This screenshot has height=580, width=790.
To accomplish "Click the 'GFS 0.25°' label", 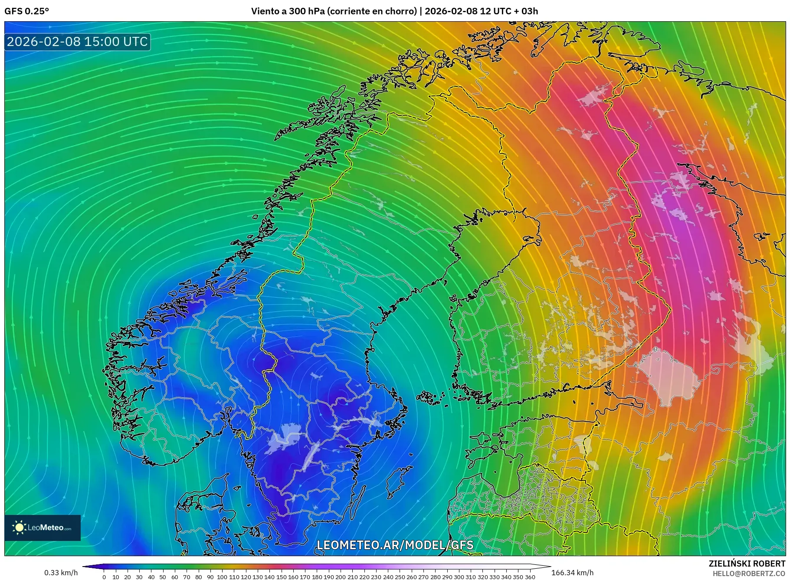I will pos(26,11).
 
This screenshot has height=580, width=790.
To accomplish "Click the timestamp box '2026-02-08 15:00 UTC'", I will pos(77,42).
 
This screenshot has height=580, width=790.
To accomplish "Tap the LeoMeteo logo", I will pos(43,528).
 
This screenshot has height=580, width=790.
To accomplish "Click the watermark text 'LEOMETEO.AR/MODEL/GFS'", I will pos(395,545).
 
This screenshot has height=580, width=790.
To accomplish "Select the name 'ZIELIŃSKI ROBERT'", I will pos(747,564).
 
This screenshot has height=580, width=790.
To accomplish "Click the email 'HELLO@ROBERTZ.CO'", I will pos(748,573).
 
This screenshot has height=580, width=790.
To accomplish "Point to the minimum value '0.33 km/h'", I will pos(61,573).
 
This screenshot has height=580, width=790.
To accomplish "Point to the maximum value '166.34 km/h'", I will pos(572,573).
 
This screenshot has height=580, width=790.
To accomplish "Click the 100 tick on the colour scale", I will pos(222,577).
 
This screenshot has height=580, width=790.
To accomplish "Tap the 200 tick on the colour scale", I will pos(341,577).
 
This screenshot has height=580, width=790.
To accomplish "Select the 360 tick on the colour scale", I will pos(530,577).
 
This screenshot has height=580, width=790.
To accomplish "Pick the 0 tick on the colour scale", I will pos(104,577).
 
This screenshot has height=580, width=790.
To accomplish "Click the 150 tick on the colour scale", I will pos(281,577).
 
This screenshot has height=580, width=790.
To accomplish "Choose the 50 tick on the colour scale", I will pos(163,577).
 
